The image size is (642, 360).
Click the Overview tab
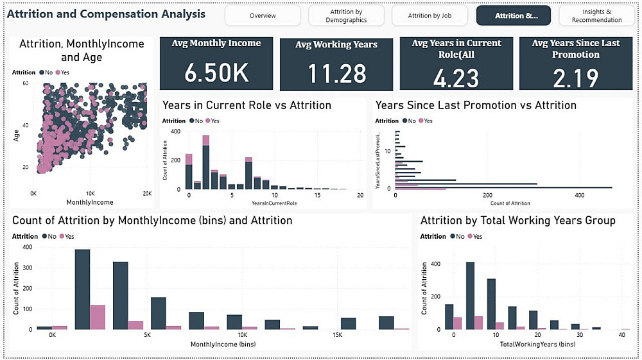[263, 15]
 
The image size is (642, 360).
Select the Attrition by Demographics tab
[346, 15]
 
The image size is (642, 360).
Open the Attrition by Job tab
[429, 15]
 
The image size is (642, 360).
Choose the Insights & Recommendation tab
[596, 15]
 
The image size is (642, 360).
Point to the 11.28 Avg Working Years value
[336, 74]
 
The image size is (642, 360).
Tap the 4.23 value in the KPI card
[456, 78]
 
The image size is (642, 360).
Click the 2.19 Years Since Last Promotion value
[575, 78]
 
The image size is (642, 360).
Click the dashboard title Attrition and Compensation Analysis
[107, 13]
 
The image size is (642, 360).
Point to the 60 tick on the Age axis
[25, 83]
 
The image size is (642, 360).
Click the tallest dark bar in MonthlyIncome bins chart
[82, 289]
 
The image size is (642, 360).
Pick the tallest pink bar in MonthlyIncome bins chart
[98, 317]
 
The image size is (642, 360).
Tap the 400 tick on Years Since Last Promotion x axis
[580, 194]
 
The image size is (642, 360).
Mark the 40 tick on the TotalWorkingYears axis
[621, 335]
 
